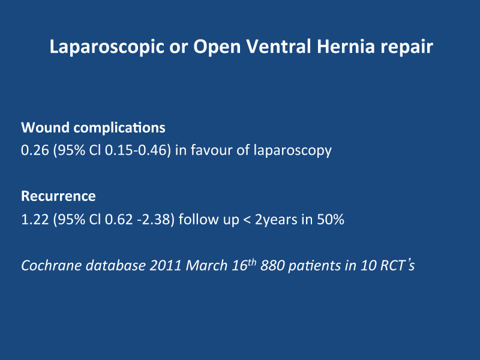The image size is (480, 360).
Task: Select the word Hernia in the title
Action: click(346, 47)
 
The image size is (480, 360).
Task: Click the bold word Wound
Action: click(45, 128)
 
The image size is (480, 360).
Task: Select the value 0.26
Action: click(35, 151)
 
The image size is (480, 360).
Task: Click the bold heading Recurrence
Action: click(58, 196)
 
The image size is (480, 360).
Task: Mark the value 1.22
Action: click(35, 220)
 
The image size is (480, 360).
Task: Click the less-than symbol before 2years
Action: click(247, 220)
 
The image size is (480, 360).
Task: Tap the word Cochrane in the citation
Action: click(52, 265)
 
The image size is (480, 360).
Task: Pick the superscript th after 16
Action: click(251, 262)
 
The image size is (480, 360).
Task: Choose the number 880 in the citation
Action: click(272, 265)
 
